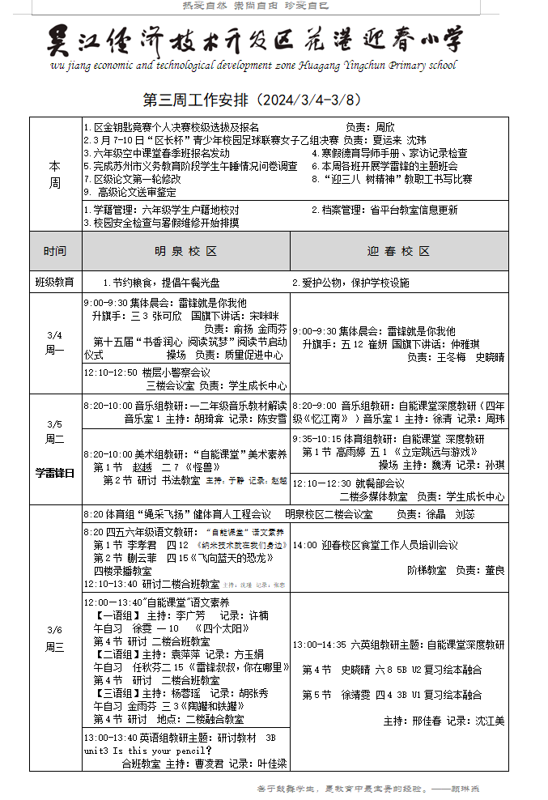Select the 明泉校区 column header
[185, 251]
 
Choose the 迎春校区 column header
[398, 251]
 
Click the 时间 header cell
[54, 251]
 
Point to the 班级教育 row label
[54, 282]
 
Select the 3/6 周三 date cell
[54, 637]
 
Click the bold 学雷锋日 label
[54, 473]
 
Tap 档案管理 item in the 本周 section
[339, 210]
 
